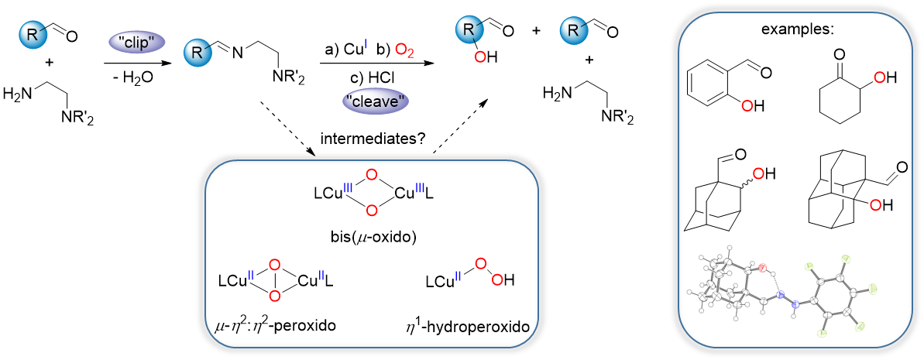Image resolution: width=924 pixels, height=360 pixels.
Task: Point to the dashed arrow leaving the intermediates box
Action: click(x=459, y=127)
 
